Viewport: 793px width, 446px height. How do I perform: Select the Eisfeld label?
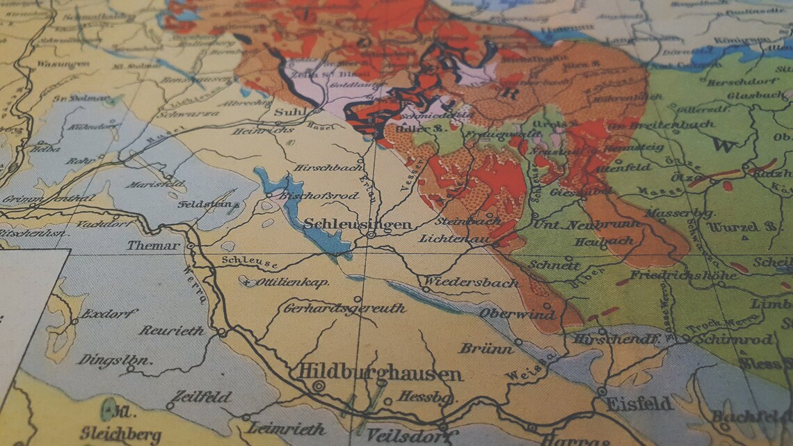[x=639, y=404]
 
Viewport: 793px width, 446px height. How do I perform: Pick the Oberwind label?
[x=516, y=314]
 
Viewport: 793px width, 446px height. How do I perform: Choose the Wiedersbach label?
[x=471, y=282]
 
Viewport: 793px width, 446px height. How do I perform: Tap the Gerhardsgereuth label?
[x=344, y=308]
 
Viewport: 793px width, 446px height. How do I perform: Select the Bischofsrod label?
[x=318, y=196]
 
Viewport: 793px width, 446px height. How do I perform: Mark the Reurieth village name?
[x=171, y=330]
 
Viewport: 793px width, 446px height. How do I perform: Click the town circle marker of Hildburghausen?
[x=319, y=385]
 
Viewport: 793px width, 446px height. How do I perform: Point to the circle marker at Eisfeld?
[x=602, y=392]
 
